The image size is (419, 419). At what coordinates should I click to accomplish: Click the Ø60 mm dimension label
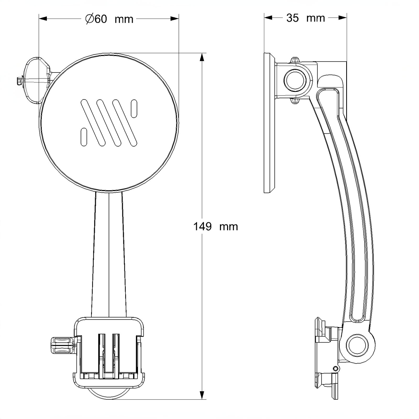tap(109, 19)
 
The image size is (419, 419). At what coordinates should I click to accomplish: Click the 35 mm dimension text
tap(305, 18)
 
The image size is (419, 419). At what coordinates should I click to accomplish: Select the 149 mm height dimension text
tap(215, 226)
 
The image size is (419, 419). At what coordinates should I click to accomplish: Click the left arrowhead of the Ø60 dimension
tap(43, 19)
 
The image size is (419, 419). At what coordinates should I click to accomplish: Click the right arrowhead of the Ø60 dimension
tap(174, 19)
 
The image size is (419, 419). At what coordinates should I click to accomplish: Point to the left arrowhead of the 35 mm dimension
tap(268, 18)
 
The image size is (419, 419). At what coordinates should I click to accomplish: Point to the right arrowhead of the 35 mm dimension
tap(342, 18)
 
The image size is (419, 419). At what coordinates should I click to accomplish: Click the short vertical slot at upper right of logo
tap(134, 108)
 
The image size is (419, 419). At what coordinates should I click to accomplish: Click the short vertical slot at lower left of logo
tap(84, 137)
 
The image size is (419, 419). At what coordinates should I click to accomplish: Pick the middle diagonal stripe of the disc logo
tap(109, 122)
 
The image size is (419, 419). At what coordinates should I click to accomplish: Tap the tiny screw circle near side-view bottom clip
tap(335, 369)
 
